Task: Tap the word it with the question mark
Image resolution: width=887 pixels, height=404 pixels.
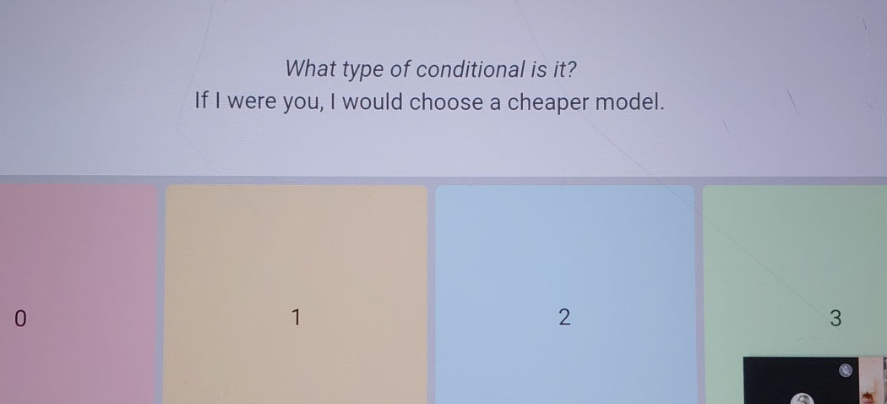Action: pyautogui.click(x=568, y=68)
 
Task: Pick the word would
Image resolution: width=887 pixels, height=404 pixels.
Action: pyautogui.click(x=376, y=102)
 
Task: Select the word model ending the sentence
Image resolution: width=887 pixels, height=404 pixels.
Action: pyautogui.click(x=629, y=102)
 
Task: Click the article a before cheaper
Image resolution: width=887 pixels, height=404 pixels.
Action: pyautogui.click(x=494, y=104)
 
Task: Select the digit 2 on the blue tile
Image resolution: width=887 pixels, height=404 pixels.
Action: pyautogui.click(x=565, y=318)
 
